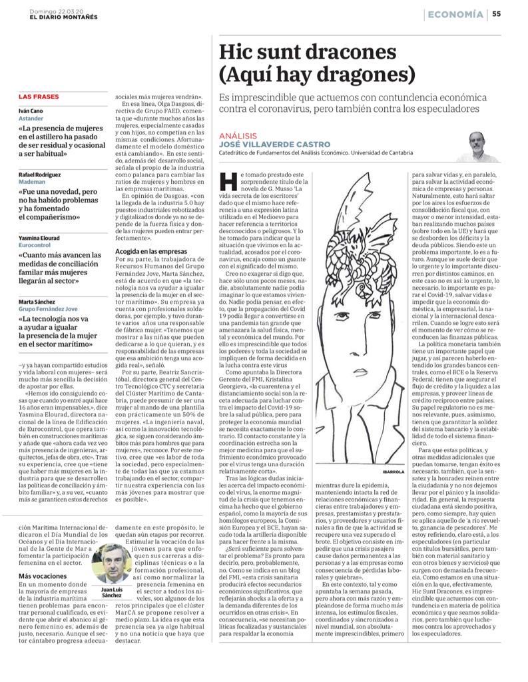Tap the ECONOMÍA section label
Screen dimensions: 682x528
point(455,14)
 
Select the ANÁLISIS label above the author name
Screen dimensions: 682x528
point(238,135)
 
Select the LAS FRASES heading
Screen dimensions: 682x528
point(38,97)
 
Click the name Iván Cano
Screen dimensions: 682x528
point(30,111)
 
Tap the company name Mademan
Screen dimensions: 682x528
point(32,181)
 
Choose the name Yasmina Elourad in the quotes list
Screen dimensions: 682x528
point(39,238)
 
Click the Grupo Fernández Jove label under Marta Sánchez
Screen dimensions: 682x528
point(49,308)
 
